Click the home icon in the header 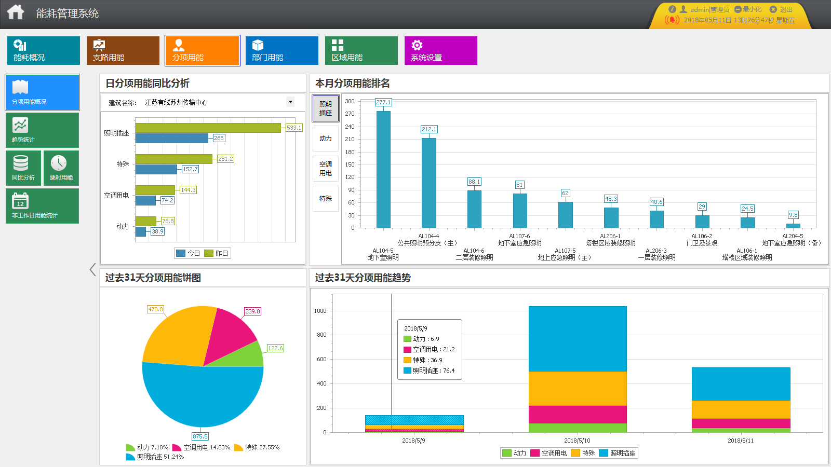16,12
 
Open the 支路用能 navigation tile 123,50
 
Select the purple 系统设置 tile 440,50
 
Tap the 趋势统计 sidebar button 42,130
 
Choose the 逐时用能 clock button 61,168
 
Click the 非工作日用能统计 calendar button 42,206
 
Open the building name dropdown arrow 290,102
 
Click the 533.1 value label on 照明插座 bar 293,128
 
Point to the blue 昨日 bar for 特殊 156,169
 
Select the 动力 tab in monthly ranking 326,139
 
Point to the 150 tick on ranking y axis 350,164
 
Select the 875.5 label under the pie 200,436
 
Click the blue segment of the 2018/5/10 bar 578,338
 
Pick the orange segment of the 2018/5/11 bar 741,409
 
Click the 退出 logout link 786,9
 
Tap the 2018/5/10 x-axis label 577,441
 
